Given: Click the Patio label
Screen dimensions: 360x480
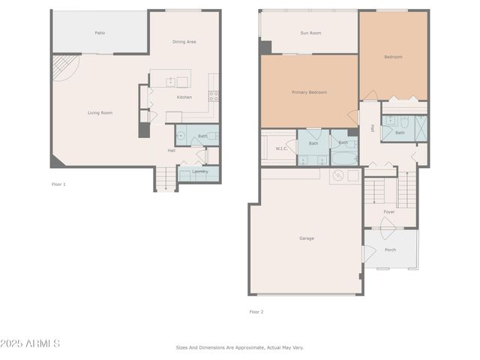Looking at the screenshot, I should click(99, 33).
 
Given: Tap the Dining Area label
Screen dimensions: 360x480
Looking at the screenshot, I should click(184, 42).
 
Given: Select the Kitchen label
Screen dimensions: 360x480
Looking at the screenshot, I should click(184, 97).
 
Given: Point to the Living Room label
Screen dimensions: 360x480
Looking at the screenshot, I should click(100, 112).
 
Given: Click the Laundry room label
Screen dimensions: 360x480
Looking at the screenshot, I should click(199, 172).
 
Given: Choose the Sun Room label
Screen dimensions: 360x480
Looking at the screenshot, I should click(310, 33).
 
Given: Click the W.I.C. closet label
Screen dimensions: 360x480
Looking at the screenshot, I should click(282, 148).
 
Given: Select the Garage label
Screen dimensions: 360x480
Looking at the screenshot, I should click(307, 238).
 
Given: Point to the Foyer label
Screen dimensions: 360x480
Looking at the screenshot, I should click(388, 212).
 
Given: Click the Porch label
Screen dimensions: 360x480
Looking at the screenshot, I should click(390, 250).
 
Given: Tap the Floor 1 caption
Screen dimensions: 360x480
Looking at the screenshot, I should click(58, 184).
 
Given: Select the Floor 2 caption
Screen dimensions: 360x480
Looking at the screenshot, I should click(256, 311).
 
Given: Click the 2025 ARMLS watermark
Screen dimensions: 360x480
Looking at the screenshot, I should click(31, 343).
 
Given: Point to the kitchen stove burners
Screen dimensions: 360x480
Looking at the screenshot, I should click(213, 94).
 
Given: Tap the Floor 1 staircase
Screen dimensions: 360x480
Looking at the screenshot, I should click(164, 178).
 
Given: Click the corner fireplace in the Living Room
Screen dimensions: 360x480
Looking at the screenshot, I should click(64, 70).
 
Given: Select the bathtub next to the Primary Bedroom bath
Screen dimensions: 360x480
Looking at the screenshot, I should click(344, 159).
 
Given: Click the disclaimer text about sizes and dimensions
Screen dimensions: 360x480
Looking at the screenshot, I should click(239, 347).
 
